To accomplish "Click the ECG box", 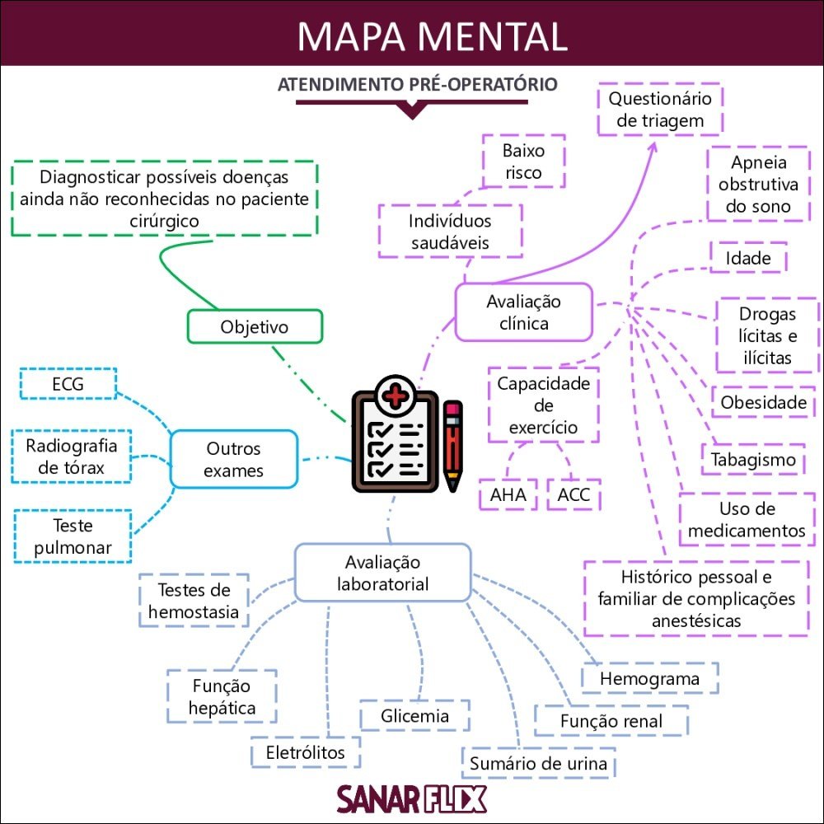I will point(68,384).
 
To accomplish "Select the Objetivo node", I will point(255,326).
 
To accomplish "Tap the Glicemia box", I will point(414,715).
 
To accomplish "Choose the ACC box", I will point(574,495).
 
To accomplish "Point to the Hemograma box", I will point(649,678).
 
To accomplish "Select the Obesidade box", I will point(763,402).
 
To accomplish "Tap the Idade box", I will point(748,258).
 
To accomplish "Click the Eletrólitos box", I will point(305,751).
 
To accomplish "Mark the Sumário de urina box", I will point(538,763).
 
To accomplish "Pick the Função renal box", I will point(611,721).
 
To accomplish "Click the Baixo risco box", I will point(523,162).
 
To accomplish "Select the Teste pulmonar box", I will point(73,536).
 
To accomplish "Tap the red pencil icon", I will point(452,445).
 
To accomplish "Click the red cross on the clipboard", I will point(396,397).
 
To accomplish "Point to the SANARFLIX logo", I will point(411,798).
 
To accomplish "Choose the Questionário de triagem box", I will point(660,110).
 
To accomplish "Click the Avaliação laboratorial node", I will point(382,573).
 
